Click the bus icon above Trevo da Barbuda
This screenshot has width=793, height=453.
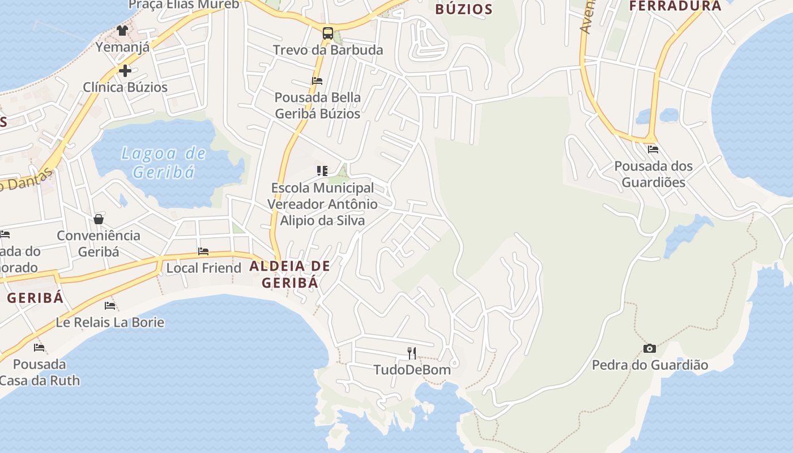[x=328, y=33]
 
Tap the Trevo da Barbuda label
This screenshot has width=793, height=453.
[x=328, y=50]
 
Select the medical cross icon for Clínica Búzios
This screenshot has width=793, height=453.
[x=125, y=71]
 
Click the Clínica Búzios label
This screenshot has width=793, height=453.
[x=125, y=87]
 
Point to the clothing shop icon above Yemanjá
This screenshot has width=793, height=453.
[x=122, y=30]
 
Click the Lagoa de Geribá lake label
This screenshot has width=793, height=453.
[x=164, y=163]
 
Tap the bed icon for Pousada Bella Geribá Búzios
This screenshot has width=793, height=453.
[x=317, y=81]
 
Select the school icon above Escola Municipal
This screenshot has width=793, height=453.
[x=322, y=170]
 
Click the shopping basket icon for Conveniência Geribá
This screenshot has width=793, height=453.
[x=99, y=219]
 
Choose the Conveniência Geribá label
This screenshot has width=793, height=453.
[x=99, y=243]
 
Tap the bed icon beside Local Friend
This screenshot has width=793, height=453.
[x=203, y=251]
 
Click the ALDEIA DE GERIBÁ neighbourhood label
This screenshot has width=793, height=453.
[x=289, y=274]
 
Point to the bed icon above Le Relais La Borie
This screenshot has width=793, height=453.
[x=110, y=306]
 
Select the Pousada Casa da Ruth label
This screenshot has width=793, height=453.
[x=40, y=372]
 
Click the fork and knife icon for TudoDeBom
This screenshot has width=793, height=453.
[x=412, y=353]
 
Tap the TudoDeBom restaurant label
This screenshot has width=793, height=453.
[x=412, y=370]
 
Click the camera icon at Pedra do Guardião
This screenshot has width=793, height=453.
[x=650, y=348]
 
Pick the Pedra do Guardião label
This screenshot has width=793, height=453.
[x=650, y=365]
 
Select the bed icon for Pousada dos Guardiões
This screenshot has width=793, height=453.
[x=653, y=149]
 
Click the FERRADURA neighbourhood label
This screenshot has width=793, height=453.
[x=675, y=6]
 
